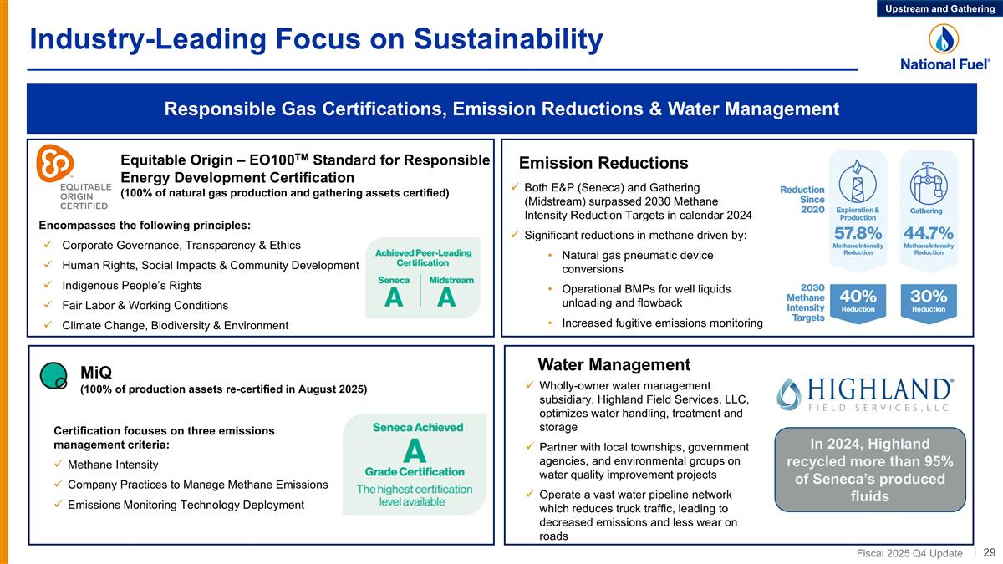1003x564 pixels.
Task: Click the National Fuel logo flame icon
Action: point(945,38)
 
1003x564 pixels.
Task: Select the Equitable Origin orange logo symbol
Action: point(56,164)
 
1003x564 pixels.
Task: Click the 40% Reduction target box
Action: point(858,301)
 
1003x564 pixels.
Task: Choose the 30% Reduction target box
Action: point(929,301)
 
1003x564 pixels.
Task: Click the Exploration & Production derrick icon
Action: point(858,178)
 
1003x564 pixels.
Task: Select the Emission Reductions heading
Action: point(603,163)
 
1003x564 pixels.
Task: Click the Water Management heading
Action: point(614,364)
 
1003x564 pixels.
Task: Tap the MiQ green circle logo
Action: point(53,376)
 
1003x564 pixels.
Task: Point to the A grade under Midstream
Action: point(446,297)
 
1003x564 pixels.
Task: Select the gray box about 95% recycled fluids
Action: point(870,470)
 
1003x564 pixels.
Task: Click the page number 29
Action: point(989,552)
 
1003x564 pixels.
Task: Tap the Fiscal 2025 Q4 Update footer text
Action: point(909,553)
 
